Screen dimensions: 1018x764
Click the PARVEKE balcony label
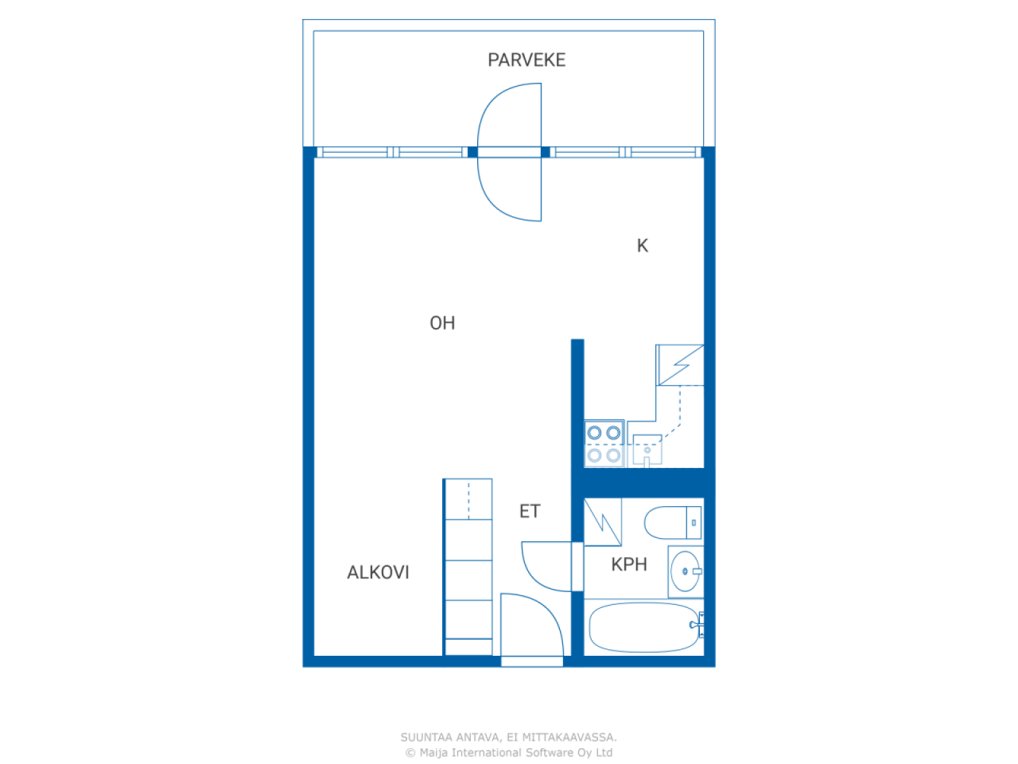click(x=526, y=60)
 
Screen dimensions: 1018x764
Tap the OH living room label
click(x=442, y=323)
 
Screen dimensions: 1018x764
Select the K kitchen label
click(x=642, y=245)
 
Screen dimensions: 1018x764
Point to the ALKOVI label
click(x=378, y=572)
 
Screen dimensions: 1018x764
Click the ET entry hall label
click(x=530, y=511)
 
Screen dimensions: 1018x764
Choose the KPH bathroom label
click(x=629, y=564)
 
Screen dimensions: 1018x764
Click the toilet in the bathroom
click(x=673, y=523)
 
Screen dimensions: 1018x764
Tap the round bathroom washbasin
click(x=685, y=571)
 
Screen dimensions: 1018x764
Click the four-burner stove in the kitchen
click(x=604, y=444)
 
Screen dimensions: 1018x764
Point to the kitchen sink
click(x=647, y=450)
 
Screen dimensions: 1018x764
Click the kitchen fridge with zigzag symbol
click(x=680, y=364)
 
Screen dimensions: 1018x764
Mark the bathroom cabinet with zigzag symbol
click(x=603, y=522)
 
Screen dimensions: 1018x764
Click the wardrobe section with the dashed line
click(x=468, y=499)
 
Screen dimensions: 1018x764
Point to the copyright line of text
click(x=509, y=752)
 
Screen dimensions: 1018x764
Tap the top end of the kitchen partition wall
click(x=577, y=340)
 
